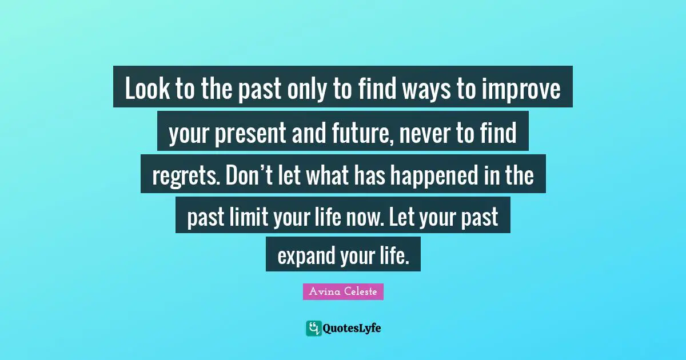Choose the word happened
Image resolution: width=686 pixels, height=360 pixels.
[x=441, y=175]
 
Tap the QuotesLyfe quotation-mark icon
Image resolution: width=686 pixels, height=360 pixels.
[x=313, y=328]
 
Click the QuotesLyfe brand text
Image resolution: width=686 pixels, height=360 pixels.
[x=352, y=328]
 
